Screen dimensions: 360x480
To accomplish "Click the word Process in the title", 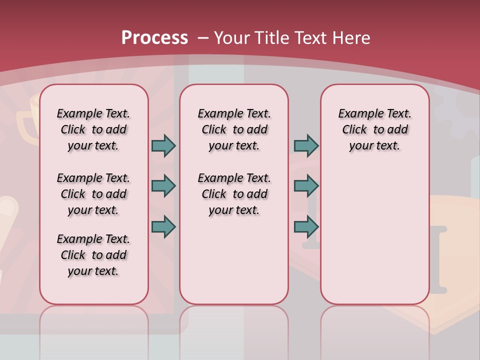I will [x=154, y=37].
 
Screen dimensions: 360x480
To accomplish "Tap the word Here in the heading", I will [x=352, y=37].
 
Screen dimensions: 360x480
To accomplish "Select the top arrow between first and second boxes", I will [x=163, y=145].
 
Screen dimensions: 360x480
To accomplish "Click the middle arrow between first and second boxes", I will [x=163, y=186].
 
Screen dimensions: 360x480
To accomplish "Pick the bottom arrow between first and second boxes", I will [x=163, y=226].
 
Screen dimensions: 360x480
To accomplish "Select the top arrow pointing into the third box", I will [x=306, y=145].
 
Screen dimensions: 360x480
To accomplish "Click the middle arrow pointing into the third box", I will [x=306, y=186].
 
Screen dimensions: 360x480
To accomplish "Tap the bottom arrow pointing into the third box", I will [x=306, y=226].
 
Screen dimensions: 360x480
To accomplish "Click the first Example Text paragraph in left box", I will [x=93, y=129].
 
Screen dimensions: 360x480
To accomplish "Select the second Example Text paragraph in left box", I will [x=93, y=194].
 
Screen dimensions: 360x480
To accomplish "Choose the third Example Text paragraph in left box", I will [x=93, y=255].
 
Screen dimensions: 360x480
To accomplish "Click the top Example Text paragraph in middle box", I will [x=234, y=129].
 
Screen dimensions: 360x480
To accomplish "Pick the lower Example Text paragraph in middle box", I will [x=234, y=194].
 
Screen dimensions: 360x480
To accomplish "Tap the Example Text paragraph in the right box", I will [x=374, y=129].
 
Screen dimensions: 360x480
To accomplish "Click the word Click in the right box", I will [x=354, y=129].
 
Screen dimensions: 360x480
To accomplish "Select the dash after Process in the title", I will [x=203, y=38].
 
